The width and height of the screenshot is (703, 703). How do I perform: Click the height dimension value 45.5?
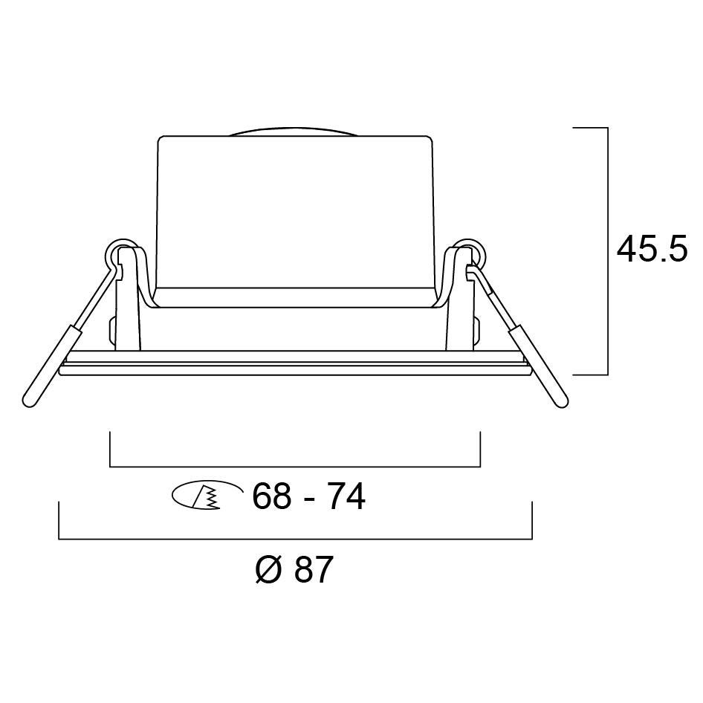[652, 249]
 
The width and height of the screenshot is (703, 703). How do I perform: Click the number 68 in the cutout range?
[271, 496]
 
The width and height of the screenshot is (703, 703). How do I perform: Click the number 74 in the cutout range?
[346, 496]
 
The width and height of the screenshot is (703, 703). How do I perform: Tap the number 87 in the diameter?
[314, 570]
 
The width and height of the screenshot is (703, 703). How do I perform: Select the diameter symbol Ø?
[268, 571]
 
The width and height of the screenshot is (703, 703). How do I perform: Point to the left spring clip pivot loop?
[119, 253]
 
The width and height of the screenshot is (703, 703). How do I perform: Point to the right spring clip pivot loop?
[470, 253]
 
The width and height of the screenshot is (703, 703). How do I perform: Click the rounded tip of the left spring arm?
[30, 401]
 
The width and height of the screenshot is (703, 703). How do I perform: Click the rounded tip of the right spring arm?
[561, 401]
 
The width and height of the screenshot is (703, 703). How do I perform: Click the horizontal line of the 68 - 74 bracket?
[295, 467]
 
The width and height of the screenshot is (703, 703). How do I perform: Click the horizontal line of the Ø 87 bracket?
[295, 539]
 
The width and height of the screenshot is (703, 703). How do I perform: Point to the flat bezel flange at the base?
[295, 368]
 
